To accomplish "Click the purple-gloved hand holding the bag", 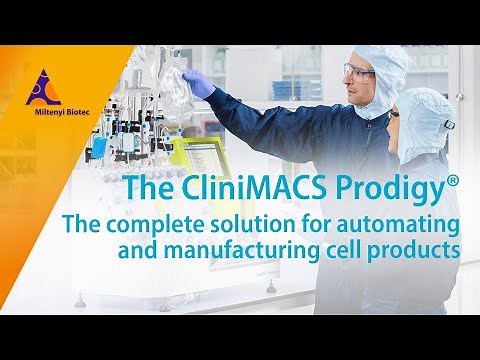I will tap(199, 83).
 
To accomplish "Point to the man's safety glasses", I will tap(358, 71).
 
